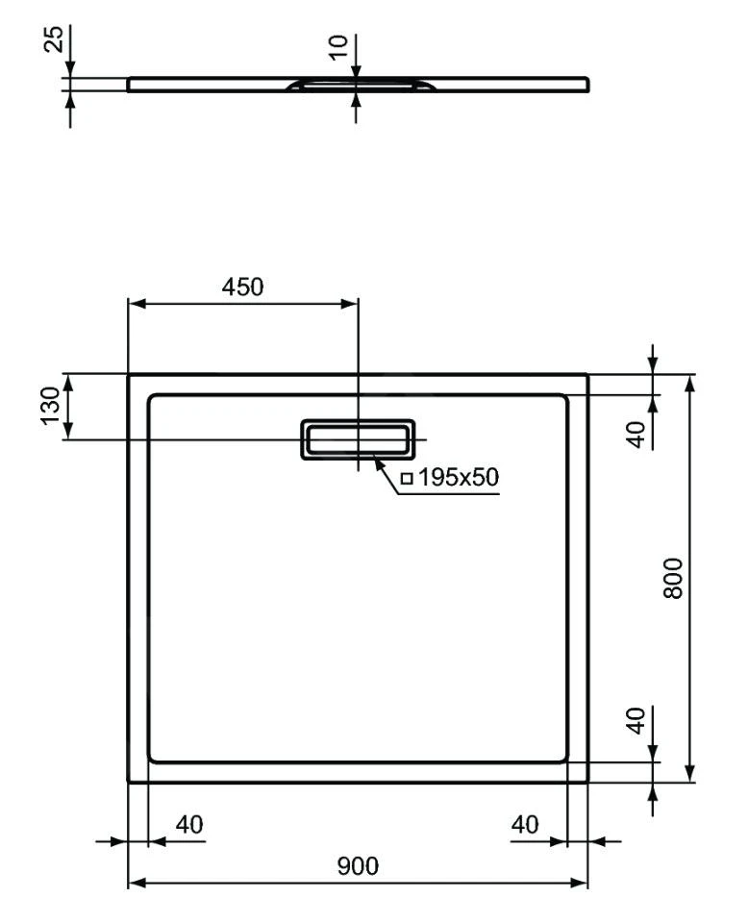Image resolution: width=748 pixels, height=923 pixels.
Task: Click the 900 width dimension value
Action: click(x=358, y=866)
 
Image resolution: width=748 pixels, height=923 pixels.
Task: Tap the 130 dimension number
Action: click(x=49, y=406)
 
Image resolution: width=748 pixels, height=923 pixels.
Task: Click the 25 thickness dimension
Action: click(x=55, y=39)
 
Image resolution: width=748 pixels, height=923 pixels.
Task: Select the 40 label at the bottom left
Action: click(x=188, y=825)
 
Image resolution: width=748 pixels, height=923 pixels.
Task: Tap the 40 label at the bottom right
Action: click(x=524, y=825)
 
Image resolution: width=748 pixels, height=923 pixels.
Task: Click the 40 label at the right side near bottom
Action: click(x=636, y=721)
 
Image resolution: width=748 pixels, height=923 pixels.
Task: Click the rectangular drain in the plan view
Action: click(x=358, y=440)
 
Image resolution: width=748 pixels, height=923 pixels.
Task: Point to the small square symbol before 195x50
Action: click(x=407, y=478)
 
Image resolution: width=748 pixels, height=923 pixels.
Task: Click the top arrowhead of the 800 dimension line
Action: click(x=688, y=381)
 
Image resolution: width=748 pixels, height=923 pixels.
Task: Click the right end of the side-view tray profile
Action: click(x=586, y=85)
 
